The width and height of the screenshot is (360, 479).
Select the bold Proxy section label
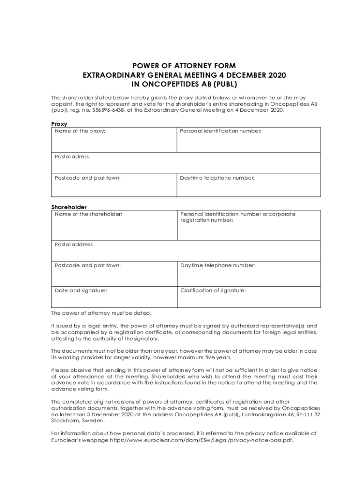(x=59, y=124)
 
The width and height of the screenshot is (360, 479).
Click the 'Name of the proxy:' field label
(x=80, y=131)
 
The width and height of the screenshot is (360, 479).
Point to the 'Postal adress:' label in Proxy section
(x=72, y=156)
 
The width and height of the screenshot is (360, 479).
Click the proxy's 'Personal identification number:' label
(x=221, y=131)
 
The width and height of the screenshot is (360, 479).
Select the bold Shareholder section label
(x=69, y=207)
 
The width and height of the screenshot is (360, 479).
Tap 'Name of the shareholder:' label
(x=88, y=214)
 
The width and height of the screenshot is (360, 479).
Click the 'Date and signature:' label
(x=81, y=290)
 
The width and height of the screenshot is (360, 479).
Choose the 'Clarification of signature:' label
(x=213, y=290)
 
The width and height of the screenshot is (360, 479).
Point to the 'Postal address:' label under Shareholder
(x=74, y=244)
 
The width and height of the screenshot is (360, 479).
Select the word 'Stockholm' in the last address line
(x=65, y=421)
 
